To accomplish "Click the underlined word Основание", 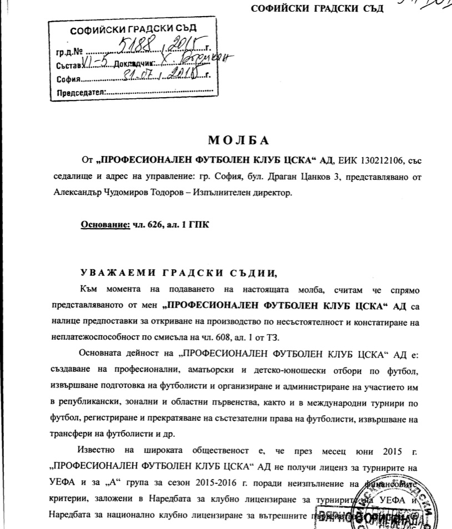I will point(104,225).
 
